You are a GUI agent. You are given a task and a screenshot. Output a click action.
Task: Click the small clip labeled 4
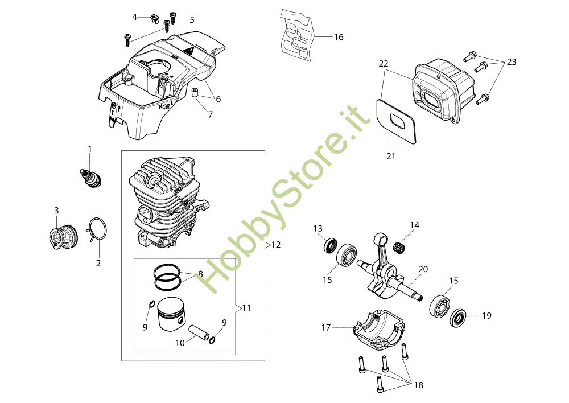(x=153, y=18)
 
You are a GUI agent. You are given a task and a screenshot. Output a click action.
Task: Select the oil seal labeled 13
(x=330, y=246)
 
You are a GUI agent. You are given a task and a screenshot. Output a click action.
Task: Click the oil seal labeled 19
(x=459, y=318)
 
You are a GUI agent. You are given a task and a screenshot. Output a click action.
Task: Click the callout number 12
(x=276, y=245)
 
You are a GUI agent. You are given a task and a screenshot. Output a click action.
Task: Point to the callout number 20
(x=423, y=269)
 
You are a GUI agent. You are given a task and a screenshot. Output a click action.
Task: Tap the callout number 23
(x=512, y=62)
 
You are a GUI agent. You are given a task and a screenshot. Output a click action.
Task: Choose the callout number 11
(x=246, y=308)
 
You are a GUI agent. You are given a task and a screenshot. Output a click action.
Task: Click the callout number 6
(x=218, y=98)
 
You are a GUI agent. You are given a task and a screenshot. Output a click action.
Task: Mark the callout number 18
(x=418, y=385)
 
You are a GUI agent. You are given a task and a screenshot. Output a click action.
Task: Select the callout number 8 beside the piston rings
(x=200, y=274)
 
